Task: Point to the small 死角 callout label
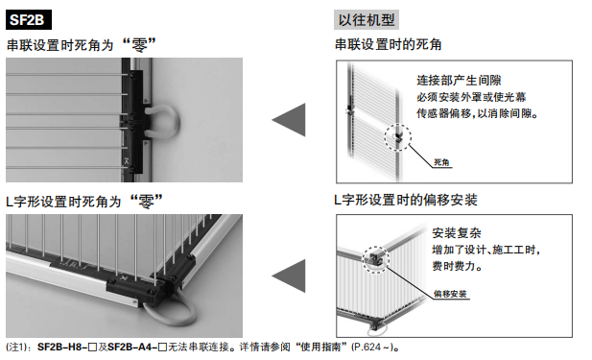442,163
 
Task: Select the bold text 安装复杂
455,233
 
